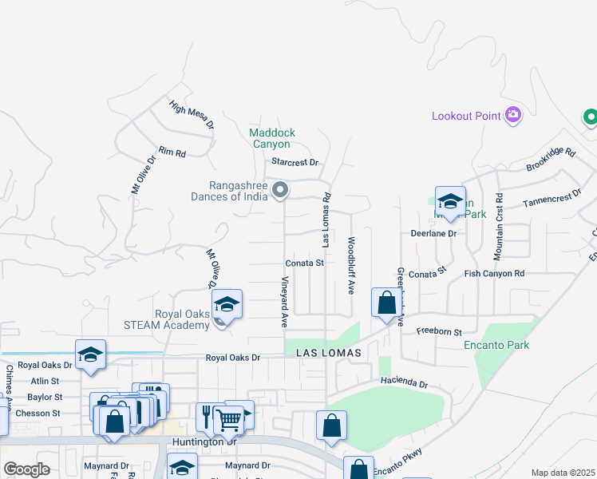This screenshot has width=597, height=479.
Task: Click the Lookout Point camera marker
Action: [x=513, y=116]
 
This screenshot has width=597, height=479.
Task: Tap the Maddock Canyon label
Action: [x=272, y=138]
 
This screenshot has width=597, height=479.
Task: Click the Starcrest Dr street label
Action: [x=295, y=162]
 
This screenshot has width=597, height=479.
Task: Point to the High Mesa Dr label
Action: [x=192, y=114]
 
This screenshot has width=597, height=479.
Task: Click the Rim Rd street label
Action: [x=172, y=152]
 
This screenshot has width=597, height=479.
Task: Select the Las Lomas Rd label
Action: [x=326, y=219]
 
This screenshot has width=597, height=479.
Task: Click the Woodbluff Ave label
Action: [x=350, y=265]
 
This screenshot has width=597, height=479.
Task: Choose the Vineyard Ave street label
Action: [x=284, y=302]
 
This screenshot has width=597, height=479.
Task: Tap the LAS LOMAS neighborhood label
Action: [x=329, y=352]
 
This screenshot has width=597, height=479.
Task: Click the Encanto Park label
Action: [x=496, y=346]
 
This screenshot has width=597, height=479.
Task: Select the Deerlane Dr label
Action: [x=433, y=234]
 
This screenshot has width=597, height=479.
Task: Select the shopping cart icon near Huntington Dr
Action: [x=229, y=418]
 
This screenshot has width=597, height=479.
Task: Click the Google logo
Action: [x=26, y=469]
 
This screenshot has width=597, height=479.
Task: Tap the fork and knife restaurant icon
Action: [x=207, y=415]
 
